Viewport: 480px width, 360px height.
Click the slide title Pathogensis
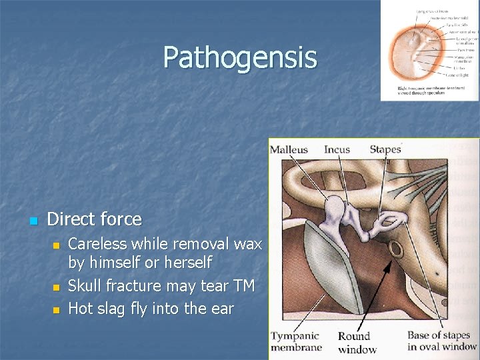tap(240, 57)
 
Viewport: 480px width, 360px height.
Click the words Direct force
tap(95, 219)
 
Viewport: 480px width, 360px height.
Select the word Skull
tap(87, 286)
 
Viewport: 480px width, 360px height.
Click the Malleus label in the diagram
tap(289, 149)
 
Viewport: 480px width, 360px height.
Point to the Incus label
tap(337, 149)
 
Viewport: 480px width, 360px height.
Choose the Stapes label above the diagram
tap(385, 149)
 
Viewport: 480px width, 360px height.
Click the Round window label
tap(357, 343)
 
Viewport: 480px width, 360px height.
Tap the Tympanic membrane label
tap(296, 341)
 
